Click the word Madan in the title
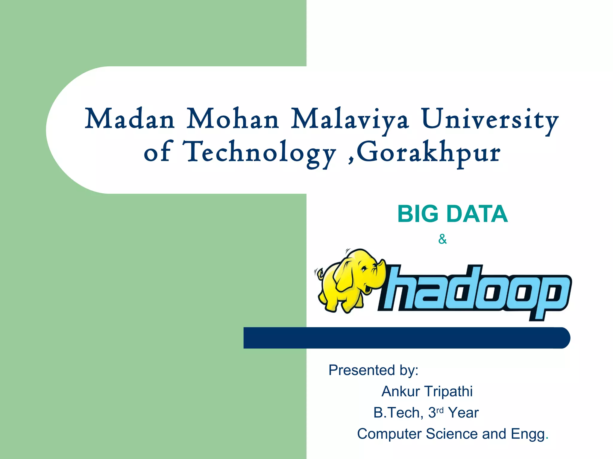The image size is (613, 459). [x=130, y=119]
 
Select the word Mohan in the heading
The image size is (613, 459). [x=233, y=119]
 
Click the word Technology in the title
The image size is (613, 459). [x=260, y=152]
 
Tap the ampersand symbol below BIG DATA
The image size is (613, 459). [x=442, y=239]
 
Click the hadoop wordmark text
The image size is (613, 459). [x=476, y=293]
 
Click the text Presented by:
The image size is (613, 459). [x=373, y=370]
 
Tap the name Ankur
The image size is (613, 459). [x=400, y=391]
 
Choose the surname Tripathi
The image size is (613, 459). [x=448, y=391]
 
